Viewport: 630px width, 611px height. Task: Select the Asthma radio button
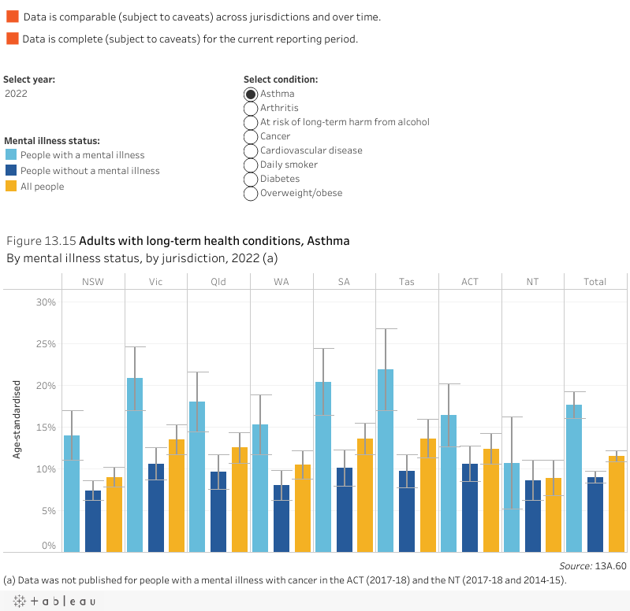[252, 94]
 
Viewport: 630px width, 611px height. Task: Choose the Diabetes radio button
[252, 179]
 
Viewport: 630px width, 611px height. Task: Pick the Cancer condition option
[252, 136]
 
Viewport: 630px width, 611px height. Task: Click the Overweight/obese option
[252, 193]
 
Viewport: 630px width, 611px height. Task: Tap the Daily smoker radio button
[252, 165]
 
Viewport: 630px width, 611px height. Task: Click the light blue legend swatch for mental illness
[11, 155]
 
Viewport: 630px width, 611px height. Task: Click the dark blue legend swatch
[11, 171]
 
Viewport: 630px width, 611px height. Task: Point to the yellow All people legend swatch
[11, 187]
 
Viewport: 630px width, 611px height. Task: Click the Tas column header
[407, 282]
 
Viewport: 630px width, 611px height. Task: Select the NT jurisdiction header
[532, 282]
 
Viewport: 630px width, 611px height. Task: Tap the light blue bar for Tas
[386, 460]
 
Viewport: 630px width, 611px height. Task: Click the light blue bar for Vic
[135, 465]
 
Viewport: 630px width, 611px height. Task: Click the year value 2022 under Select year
[16, 94]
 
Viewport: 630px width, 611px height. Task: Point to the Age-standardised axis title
[16, 419]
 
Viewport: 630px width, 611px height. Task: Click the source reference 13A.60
[611, 565]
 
